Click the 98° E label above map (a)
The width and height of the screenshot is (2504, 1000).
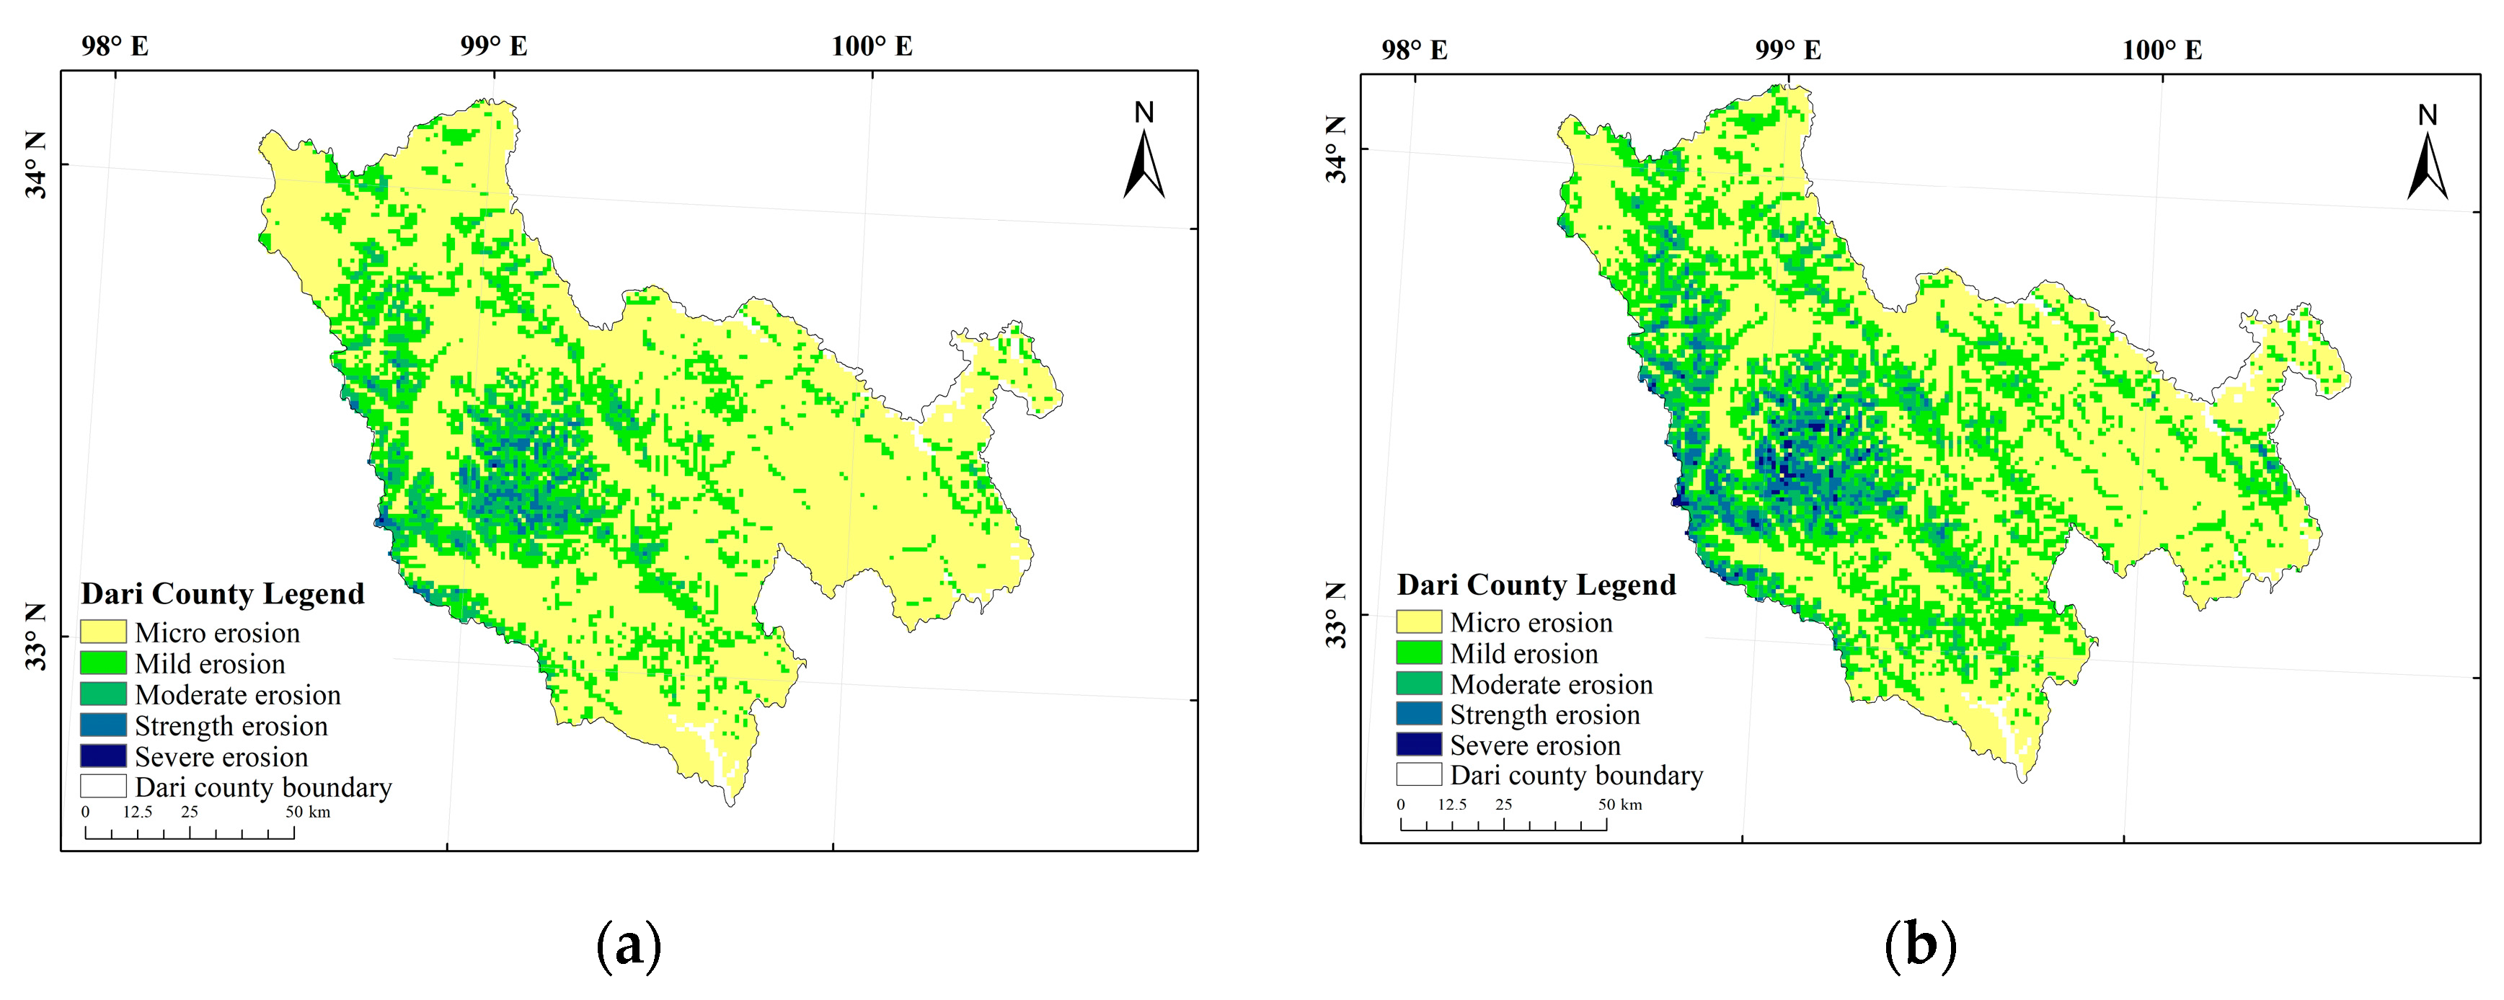(115, 45)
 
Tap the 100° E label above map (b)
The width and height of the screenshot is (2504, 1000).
(2162, 50)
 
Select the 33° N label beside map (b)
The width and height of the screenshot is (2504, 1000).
(1337, 616)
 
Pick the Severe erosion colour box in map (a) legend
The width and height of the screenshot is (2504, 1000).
(103, 756)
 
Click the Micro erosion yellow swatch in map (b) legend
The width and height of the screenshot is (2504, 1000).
(1418, 622)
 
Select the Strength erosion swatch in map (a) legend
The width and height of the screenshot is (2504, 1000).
(103, 725)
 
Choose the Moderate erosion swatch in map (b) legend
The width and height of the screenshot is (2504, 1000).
(1418, 683)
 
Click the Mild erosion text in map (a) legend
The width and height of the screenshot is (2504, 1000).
(210, 664)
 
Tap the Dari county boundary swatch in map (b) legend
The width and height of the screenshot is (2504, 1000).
(1418, 774)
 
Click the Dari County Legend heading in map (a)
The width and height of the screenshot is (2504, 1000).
(223, 594)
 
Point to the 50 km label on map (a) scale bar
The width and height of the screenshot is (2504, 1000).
(307, 812)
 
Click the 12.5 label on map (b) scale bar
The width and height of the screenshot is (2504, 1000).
(1452, 805)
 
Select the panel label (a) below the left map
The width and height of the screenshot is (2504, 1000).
(629, 944)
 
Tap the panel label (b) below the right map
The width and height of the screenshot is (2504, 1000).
(1920, 944)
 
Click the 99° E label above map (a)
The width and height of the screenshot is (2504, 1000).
(494, 45)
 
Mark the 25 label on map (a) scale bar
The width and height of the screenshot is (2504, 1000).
(190, 812)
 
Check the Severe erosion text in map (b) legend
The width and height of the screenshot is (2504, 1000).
(1535, 745)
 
